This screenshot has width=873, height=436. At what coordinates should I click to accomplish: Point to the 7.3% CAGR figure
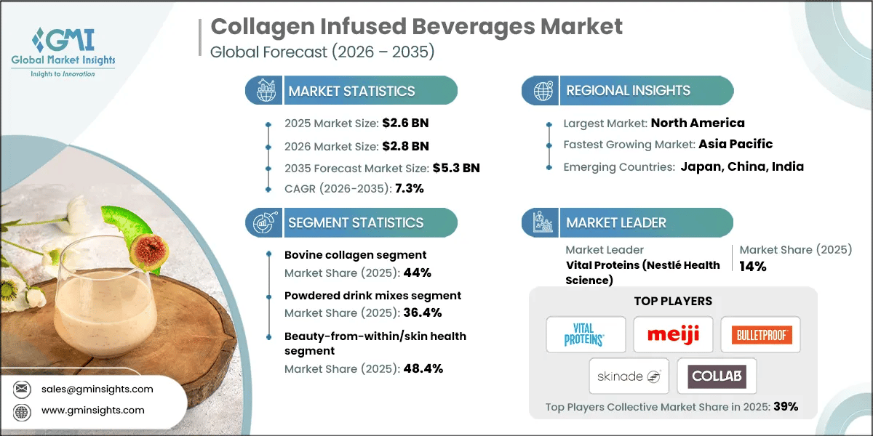click(x=409, y=188)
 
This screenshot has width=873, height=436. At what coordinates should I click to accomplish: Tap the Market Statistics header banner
click(x=351, y=91)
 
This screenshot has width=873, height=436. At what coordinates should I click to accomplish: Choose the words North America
click(x=697, y=123)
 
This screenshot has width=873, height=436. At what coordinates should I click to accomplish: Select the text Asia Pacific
click(x=736, y=144)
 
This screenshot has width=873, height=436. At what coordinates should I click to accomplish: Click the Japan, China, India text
click(x=742, y=166)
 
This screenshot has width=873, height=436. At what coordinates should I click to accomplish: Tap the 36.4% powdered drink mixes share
click(x=422, y=313)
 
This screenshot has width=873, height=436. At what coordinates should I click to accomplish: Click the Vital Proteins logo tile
click(x=586, y=335)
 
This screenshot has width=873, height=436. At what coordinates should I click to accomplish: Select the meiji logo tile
click(x=673, y=335)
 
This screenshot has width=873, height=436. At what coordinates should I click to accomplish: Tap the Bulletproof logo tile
click(x=760, y=335)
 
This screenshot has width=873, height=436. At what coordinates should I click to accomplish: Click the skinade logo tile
click(x=629, y=376)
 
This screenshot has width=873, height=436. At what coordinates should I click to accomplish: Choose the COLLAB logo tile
click(x=717, y=376)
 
